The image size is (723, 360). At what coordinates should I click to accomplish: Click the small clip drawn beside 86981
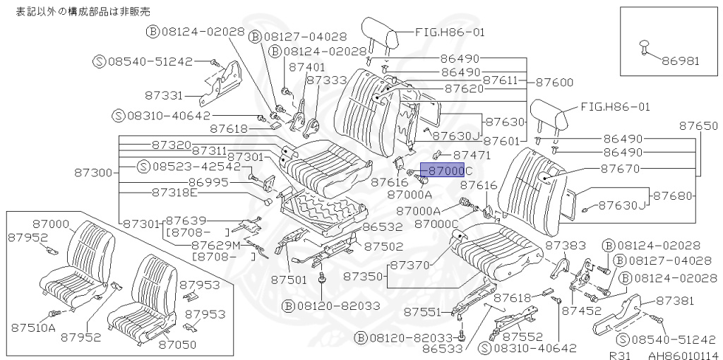pos(643,46)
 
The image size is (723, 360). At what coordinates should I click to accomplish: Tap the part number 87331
pos(165,95)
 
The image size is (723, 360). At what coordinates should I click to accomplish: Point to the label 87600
pos(554,83)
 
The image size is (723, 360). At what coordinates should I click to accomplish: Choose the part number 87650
pos(699,126)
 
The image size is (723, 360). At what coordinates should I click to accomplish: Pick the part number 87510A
pos(33,327)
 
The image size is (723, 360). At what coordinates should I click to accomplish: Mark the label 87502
pos(384,246)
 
